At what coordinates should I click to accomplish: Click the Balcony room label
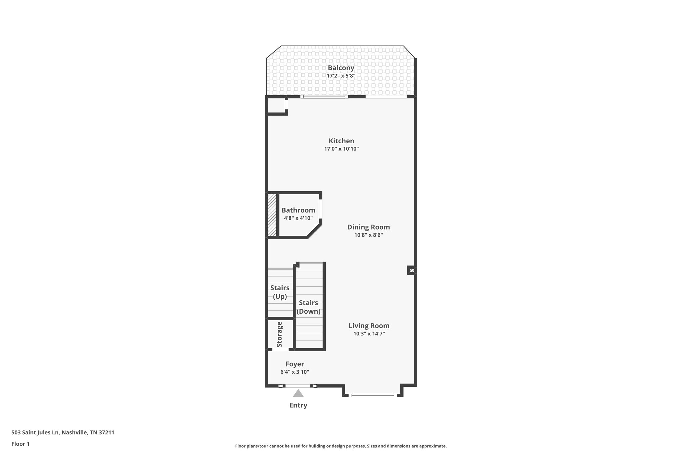(341, 68)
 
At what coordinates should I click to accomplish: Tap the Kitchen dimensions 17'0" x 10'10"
(341, 149)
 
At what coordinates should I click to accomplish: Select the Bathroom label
(298, 210)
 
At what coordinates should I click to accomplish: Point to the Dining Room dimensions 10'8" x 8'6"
(368, 235)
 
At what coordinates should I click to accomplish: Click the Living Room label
(369, 326)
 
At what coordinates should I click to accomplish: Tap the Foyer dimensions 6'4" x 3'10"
(294, 372)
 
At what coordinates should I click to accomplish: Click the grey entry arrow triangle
(298, 394)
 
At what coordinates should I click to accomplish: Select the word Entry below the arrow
(298, 405)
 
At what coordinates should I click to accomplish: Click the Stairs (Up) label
(280, 292)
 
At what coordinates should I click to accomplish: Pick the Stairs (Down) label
(308, 307)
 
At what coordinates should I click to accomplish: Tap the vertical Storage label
(279, 334)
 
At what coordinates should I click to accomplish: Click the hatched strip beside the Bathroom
(272, 215)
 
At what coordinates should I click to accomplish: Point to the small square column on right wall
(412, 270)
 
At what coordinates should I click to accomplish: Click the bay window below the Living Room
(373, 395)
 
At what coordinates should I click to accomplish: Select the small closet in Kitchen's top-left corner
(276, 106)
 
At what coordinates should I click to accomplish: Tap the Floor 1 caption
(20, 444)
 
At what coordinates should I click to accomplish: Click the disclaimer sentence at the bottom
(341, 446)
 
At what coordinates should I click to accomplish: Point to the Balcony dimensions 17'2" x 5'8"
(341, 76)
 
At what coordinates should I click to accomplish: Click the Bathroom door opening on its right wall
(321, 209)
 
